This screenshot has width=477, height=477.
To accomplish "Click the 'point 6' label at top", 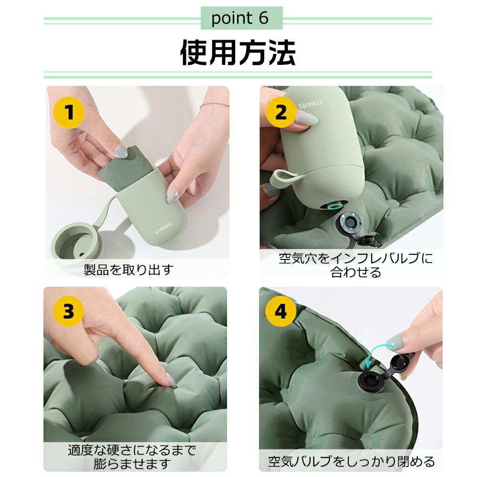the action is [240, 18].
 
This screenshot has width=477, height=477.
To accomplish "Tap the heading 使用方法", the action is [238, 52].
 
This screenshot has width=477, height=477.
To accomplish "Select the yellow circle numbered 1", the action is [69, 112].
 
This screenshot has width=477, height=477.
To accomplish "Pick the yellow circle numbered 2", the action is [281, 112].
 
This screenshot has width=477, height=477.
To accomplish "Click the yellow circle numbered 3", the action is [68, 311].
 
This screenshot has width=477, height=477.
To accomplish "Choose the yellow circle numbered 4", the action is [281, 311].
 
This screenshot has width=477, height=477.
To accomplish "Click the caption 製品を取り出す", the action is [129, 270].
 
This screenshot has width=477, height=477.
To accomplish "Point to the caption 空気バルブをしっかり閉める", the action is [352, 461].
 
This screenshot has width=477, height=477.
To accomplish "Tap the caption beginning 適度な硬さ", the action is [132, 457].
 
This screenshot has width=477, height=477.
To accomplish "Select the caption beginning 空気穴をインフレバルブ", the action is [356, 265].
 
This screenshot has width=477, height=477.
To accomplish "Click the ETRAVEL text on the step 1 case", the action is [164, 228].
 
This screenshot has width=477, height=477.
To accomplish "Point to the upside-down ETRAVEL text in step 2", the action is [311, 104].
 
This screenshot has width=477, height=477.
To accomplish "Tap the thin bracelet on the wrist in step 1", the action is [214, 105].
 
